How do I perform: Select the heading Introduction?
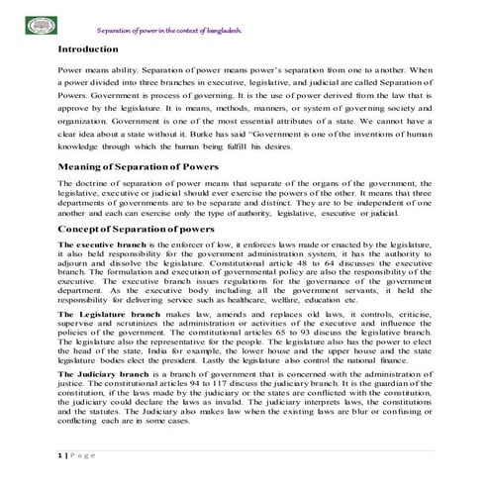(x=89, y=48)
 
